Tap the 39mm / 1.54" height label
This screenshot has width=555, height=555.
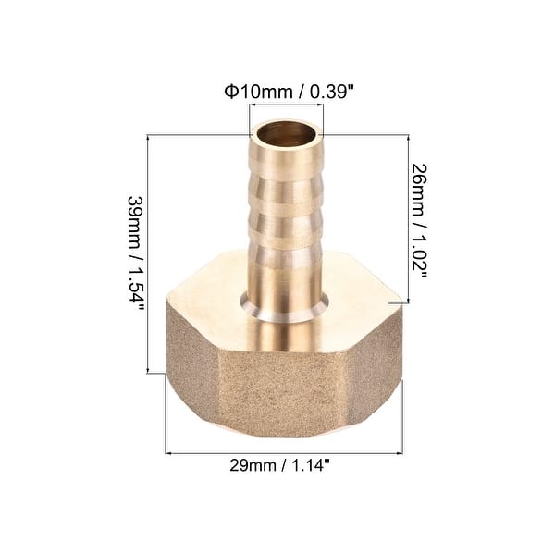click(x=136, y=253)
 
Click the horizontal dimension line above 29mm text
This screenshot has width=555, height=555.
click(x=283, y=453)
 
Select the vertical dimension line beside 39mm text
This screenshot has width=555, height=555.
click(x=150, y=253)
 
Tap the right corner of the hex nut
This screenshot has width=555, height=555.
click(x=401, y=302)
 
